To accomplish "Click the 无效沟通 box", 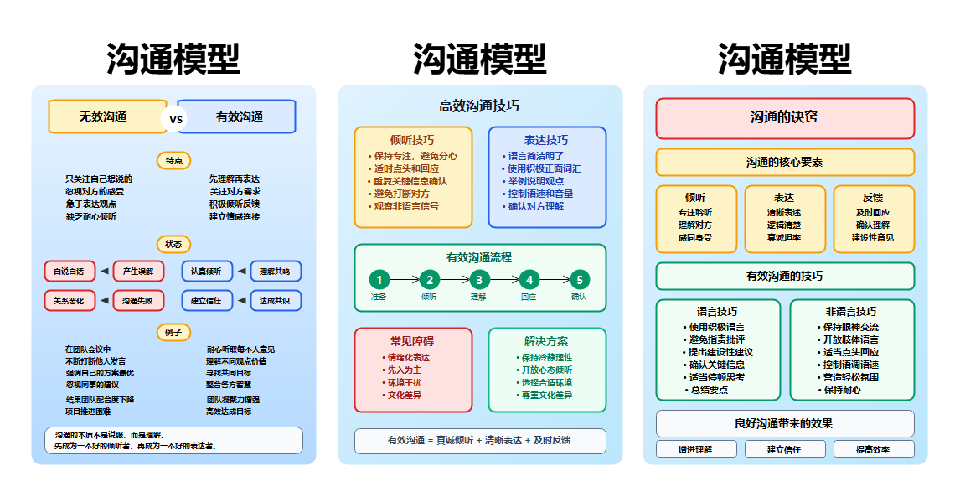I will click(104, 116).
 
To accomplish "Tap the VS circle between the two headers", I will click(176, 119).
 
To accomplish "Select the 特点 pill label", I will click(173, 161).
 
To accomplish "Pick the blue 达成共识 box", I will click(275, 300).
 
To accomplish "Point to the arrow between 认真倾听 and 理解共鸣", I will click(241, 272).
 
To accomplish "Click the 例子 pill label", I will click(173, 333).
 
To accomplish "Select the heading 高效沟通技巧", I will click(479, 106).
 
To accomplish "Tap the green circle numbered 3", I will click(479, 280).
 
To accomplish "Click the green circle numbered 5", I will click(579, 280).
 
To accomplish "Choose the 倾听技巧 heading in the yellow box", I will click(412, 140).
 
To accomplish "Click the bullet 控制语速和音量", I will click(540, 194).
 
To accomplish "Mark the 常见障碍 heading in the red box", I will click(412, 341).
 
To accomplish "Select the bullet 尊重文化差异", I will click(546, 395).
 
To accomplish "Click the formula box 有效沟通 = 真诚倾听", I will click(479, 440).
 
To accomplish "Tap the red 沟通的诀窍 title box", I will click(784, 117).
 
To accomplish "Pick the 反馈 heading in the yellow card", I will click(873, 198).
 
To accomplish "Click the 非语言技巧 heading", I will click(851, 312).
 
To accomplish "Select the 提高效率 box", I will click(873, 449).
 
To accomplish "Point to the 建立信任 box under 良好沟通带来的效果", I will click(784, 449).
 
